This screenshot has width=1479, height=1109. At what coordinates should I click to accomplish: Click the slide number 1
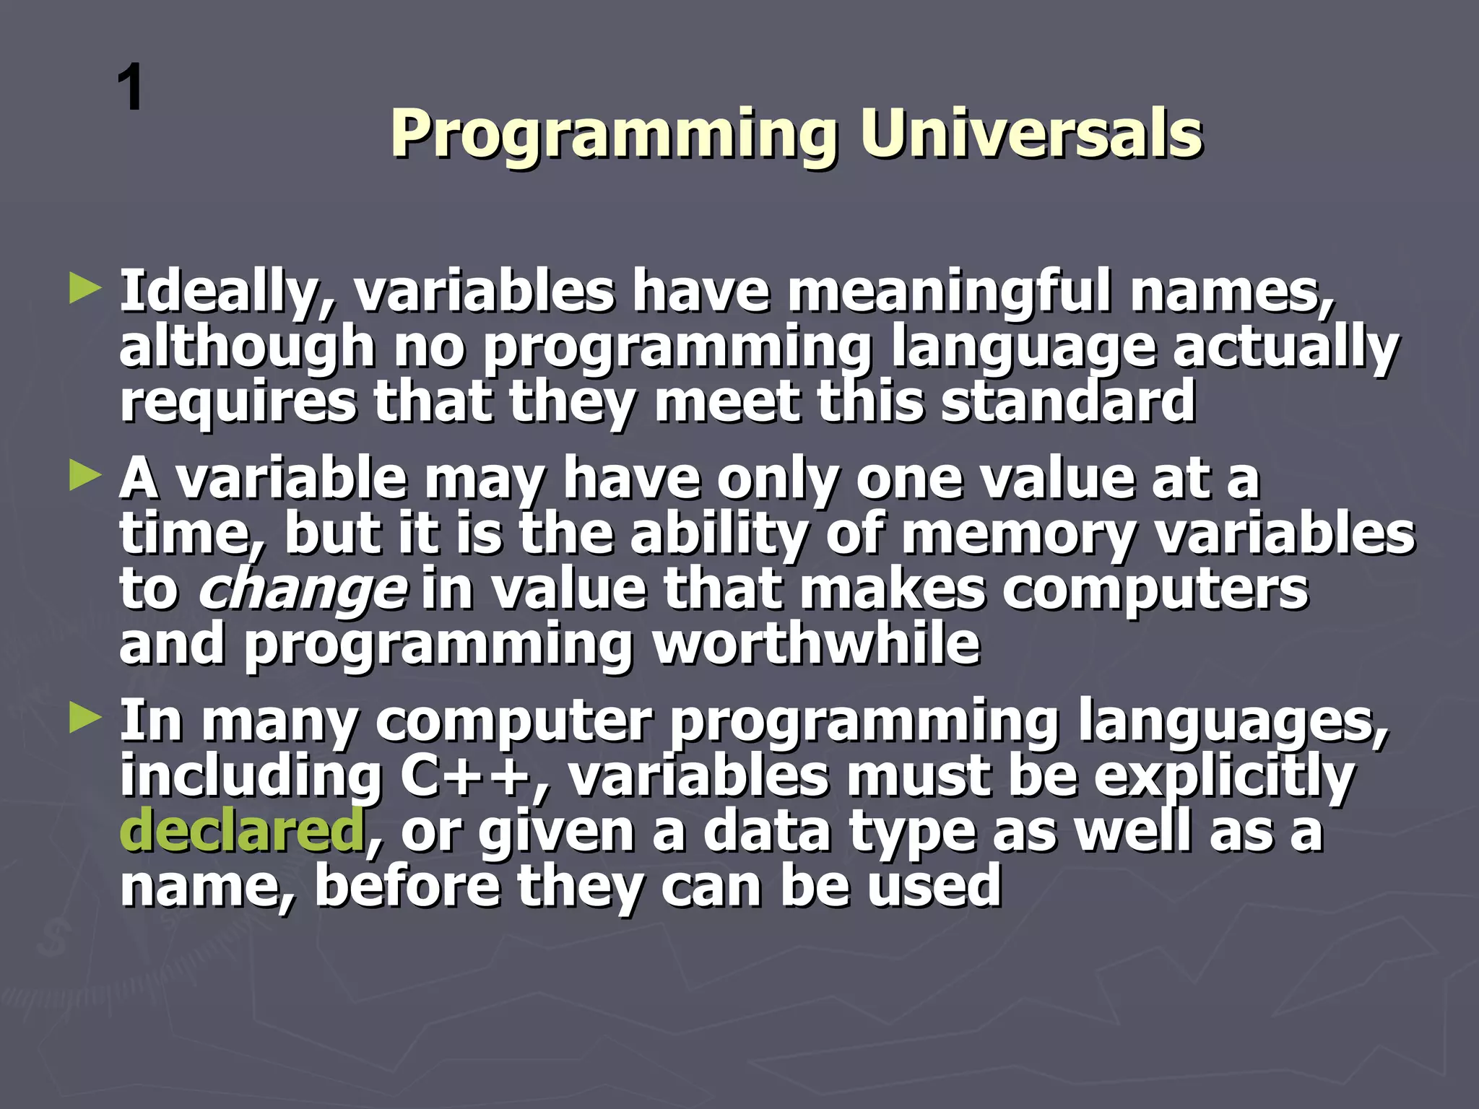point(131,88)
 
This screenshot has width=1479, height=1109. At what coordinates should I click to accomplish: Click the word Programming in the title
point(614,135)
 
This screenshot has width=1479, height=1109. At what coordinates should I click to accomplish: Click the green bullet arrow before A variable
point(85,477)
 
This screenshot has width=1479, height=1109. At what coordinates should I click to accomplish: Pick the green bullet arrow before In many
point(85,718)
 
